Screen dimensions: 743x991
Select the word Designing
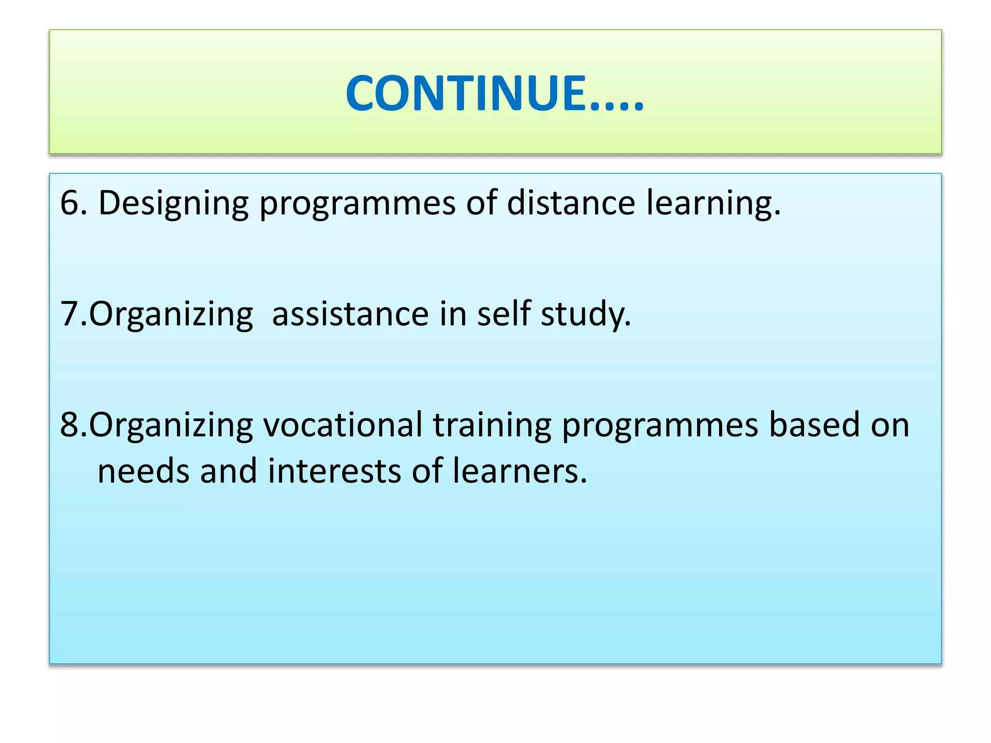[x=173, y=203]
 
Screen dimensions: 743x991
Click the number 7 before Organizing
[x=68, y=314]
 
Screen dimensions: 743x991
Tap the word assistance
[x=350, y=314]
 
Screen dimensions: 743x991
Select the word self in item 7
[x=503, y=313]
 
